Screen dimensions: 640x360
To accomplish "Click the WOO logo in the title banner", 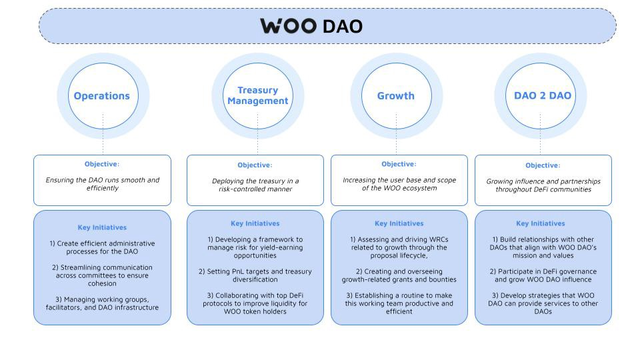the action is (x=289, y=26).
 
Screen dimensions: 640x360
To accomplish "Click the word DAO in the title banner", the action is (x=343, y=27).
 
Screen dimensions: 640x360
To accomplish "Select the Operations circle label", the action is (x=101, y=96).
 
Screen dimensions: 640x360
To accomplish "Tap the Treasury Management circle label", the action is (x=258, y=95).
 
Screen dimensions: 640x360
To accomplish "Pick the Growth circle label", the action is (x=396, y=96).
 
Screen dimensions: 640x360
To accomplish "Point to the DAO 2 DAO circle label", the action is (x=543, y=95).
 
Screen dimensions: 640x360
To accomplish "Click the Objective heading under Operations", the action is (x=102, y=164).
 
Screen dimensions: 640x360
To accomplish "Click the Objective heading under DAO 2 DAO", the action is (x=543, y=165).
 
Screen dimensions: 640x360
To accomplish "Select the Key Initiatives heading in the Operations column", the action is (x=102, y=227).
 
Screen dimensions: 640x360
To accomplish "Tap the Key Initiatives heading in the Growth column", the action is (x=399, y=223).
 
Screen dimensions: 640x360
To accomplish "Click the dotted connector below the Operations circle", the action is (x=103, y=134).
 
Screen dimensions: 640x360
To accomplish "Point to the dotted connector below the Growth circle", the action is (x=396, y=134).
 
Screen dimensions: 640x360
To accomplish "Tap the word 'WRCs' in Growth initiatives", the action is (x=438, y=239).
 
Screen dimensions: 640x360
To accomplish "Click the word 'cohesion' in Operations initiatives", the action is (x=102, y=284).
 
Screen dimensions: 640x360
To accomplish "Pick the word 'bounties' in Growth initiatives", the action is (x=443, y=279).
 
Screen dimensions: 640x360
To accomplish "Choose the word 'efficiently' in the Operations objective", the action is (x=103, y=188).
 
